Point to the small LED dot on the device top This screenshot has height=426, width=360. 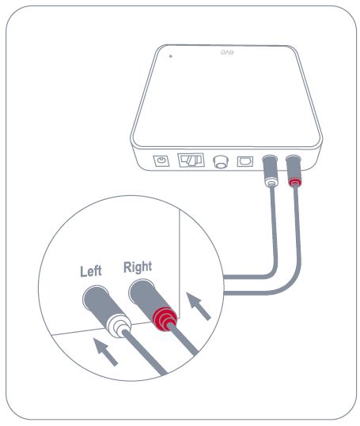[x=170, y=56]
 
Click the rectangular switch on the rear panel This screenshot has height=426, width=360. [x=191, y=160]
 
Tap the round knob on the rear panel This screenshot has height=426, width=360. [x=221, y=161]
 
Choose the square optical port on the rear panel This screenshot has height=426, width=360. [x=245, y=162]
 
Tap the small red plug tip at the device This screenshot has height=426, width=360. [x=295, y=183]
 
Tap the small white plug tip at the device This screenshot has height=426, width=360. [x=271, y=183]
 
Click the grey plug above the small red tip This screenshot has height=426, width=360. [x=294, y=168]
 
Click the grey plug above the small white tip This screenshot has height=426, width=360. [x=270, y=167]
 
